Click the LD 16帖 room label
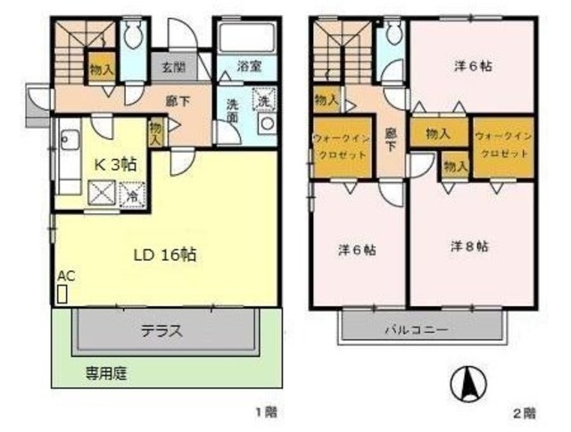click(x=166, y=254)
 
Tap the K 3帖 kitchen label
click(x=116, y=164)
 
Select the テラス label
click(x=162, y=329)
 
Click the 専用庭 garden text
click(x=105, y=373)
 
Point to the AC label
click(x=63, y=276)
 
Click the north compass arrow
click(x=465, y=384)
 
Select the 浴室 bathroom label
click(x=249, y=65)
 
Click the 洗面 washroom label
click(x=232, y=109)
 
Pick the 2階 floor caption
click(x=523, y=412)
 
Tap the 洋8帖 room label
click(x=468, y=245)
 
